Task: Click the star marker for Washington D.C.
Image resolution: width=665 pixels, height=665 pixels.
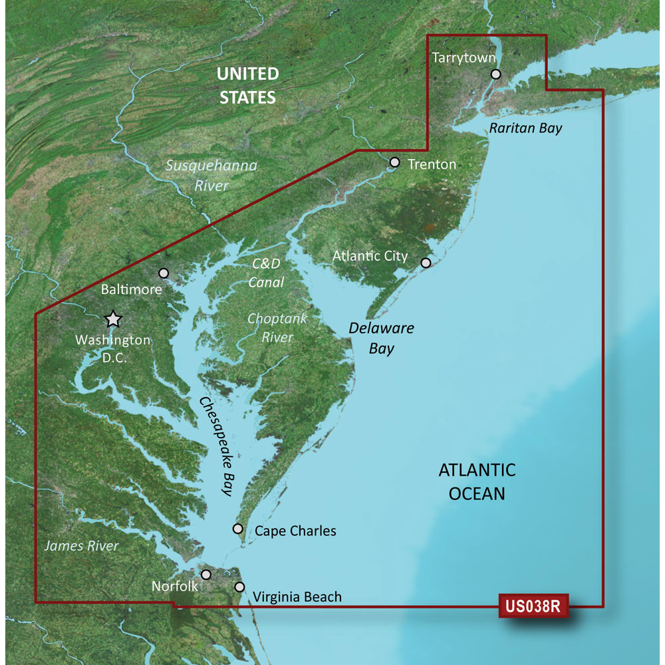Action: click(x=113, y=319)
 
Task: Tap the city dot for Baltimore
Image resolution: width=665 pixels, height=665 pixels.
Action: click(x=164, y=273)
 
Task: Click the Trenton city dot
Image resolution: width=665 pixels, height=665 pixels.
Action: click(x=394, y=162)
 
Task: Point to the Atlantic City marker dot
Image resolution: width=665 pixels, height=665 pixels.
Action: click(x=426, y=263)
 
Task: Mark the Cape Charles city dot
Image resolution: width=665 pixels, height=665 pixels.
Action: click(x=237, y=529)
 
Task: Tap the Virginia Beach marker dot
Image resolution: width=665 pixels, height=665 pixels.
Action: click(x=240, y=587)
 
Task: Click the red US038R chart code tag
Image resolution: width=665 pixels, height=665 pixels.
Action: click(x=531, y=606)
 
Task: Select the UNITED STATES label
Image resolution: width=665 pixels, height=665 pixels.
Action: click(x=247, y=85)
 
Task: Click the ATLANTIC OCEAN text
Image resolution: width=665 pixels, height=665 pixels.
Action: click(x=477, y=481)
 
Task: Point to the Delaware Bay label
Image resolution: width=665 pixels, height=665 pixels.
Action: click(x=382, y=338)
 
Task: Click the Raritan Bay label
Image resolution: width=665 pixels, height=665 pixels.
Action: click(x=525, y=128)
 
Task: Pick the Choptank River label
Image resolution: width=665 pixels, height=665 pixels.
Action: click(x=277, y=328)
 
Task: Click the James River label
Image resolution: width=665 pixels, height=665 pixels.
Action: click(x=81, y=546)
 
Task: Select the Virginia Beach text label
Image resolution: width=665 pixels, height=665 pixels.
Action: click(x=297, y=597)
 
